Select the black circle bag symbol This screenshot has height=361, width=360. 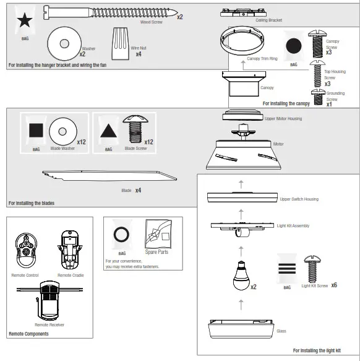(294, 45)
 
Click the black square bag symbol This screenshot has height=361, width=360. (35, 131)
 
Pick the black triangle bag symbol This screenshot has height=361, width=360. (108, 131)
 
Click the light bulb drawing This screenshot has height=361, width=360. (242, 273)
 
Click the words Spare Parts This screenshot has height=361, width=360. (156, 253)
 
